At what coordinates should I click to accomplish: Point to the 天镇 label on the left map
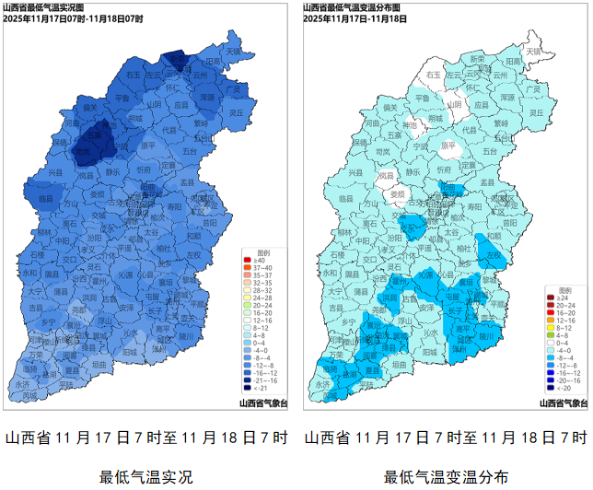(232, 51)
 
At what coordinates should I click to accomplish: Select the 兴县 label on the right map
(355, 173)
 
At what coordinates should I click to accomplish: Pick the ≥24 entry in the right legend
(563, 299)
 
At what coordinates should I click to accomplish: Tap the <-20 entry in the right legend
(563, 387)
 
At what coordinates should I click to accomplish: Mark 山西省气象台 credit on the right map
(562, 402)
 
